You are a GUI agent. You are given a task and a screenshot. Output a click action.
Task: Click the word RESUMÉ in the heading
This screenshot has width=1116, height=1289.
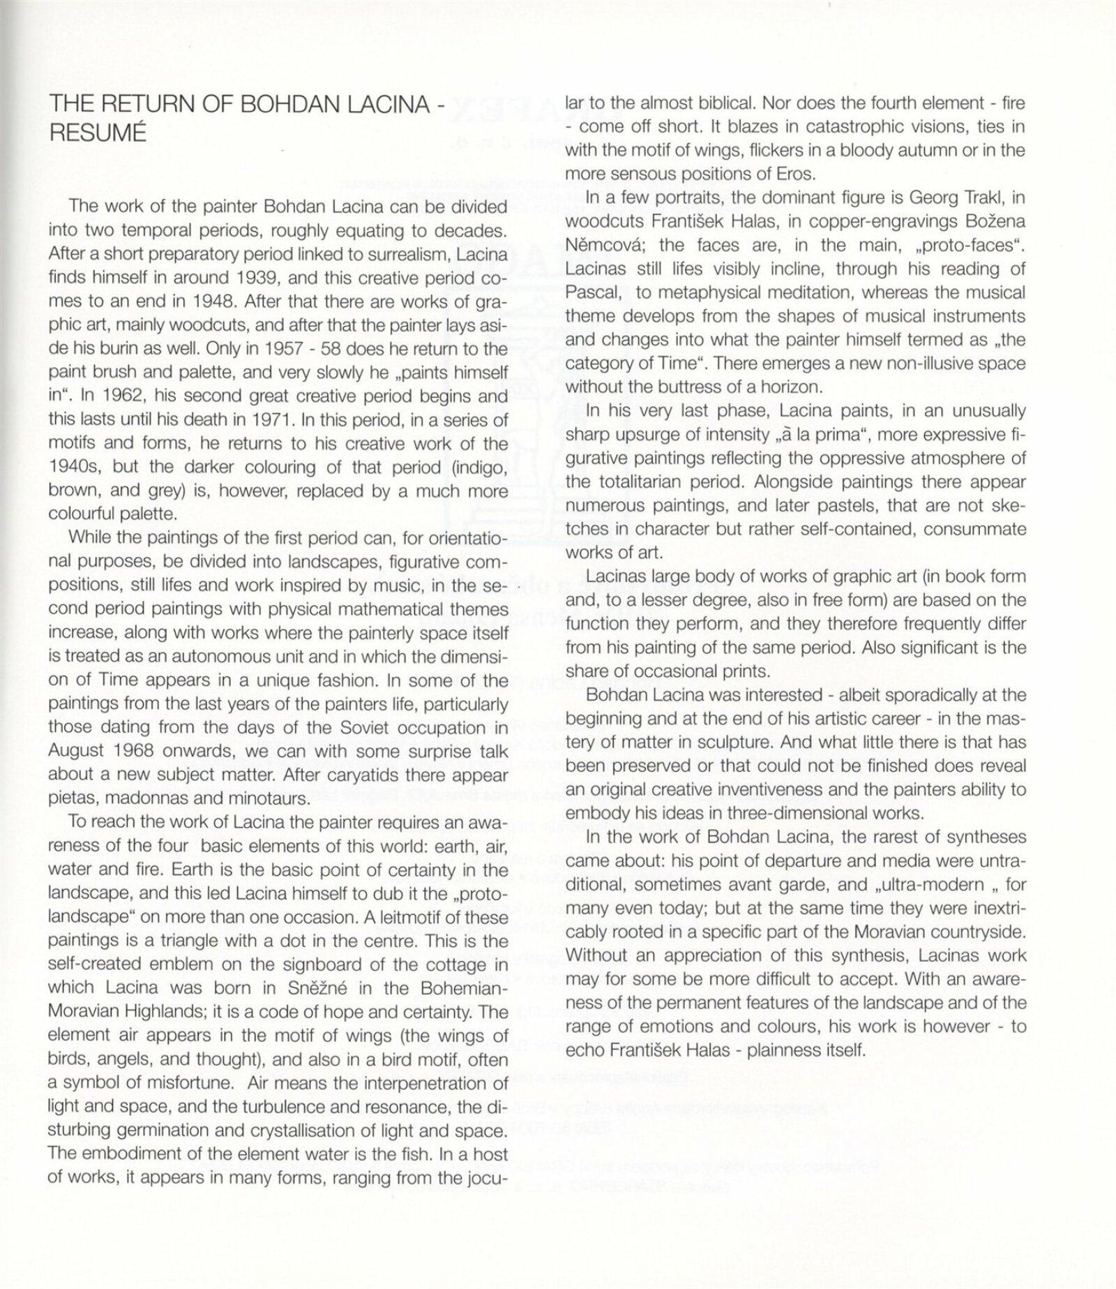click(x=98, y=133)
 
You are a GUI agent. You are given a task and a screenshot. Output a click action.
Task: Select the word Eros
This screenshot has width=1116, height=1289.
click(x=770, y=173)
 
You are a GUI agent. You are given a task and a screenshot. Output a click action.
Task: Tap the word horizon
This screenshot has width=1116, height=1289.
click(x=783, y=387)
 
